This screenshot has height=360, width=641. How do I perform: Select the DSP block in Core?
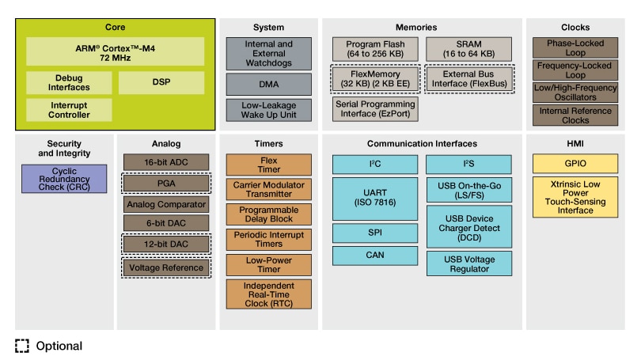click(161, 83)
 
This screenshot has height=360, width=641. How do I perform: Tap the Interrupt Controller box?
click(70, 109)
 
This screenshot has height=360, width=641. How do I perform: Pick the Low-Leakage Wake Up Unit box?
click(268, 110)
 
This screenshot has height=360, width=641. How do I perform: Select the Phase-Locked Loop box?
click(575, 48)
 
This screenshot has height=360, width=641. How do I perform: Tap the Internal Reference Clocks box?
click(575, 116)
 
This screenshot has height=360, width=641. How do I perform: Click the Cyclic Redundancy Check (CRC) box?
click(64, 178)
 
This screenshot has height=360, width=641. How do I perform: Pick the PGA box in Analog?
click(166, 183)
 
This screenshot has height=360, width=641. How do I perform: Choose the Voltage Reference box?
click(166, 267)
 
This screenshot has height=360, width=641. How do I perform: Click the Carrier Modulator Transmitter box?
click(268, 190)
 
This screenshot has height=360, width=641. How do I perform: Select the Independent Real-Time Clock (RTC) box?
click(268, 294)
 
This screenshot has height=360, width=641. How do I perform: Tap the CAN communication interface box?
click(375, 255)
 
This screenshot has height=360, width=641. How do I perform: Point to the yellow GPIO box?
click(575, 163)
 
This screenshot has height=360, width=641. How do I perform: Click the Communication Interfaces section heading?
click(422, 143)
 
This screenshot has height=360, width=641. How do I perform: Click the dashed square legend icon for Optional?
click(22, 346)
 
